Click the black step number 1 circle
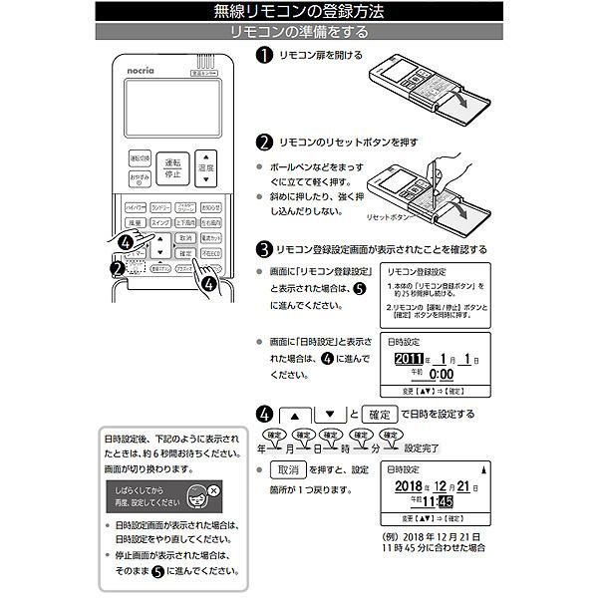(264, 56)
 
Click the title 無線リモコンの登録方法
(298, 12)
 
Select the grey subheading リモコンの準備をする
(298, 32)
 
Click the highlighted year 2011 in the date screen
(409, 359)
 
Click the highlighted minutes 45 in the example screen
(444, 502)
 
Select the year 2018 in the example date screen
(409, 485)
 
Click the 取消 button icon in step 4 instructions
(289, 469)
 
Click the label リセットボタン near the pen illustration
(389, 216)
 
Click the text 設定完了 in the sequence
(425, 449)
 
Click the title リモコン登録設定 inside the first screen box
(415, 271)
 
